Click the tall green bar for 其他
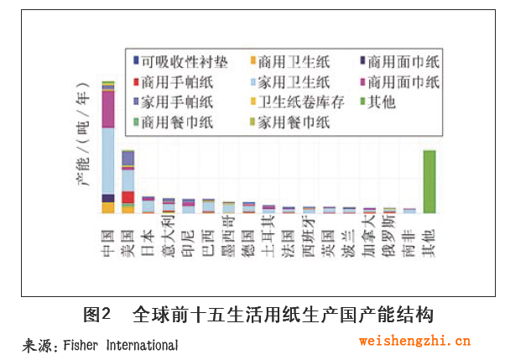click(429, 181)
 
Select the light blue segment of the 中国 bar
click(108, 159)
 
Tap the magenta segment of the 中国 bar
click(108, 108)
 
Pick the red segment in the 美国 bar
click(128, 197)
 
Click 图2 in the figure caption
click(98, 316)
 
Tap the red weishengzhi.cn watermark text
click(414, 341)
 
